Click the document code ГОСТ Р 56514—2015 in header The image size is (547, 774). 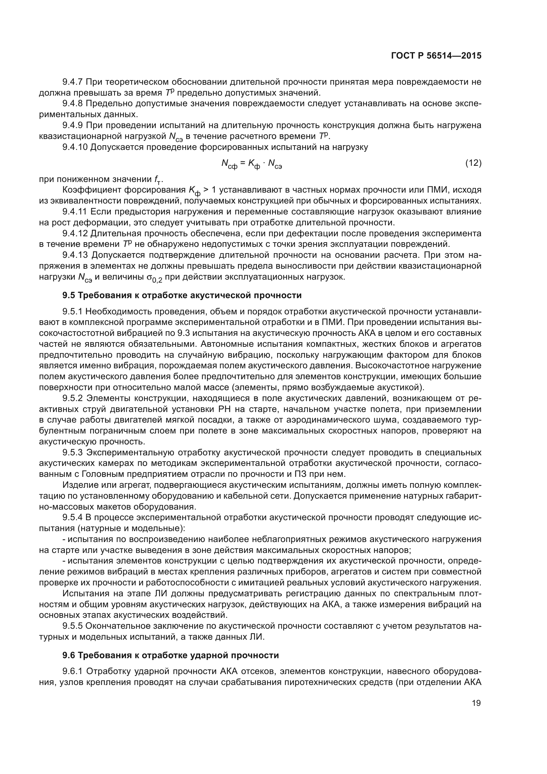pos(436,56)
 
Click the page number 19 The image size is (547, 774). pos(476,703)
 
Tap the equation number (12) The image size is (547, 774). pos(473,163)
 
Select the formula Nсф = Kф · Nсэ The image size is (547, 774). pos(251,164)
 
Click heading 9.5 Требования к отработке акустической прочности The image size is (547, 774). pos(182,296)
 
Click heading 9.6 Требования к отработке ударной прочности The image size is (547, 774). pos(171,655)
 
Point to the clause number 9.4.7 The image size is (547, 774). pos(72,82)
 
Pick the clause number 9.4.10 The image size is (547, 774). pos(75,147)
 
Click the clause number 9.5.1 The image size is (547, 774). pos(72,312)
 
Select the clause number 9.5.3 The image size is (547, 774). pos(72,452)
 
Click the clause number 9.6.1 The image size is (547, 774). pos(72,671)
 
